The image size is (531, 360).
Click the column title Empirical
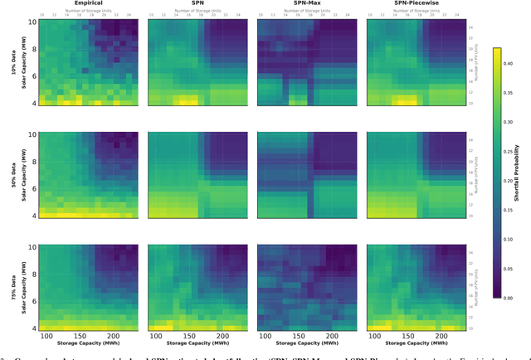88,3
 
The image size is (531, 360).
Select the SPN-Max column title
306,3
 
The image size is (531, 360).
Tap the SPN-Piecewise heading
415,3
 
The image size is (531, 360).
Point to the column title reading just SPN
197,3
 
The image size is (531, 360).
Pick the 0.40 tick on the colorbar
509,63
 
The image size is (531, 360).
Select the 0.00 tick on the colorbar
509,297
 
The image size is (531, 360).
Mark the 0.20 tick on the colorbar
509,180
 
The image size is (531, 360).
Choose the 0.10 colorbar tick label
509,239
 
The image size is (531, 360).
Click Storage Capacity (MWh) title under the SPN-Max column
306,343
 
